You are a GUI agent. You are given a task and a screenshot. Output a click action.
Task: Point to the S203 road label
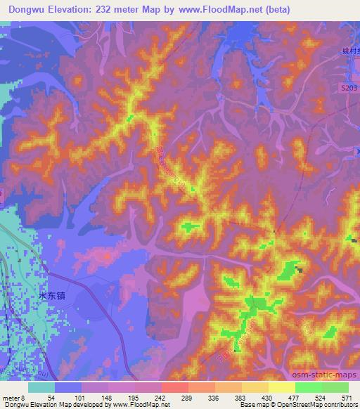(x=340, y=86)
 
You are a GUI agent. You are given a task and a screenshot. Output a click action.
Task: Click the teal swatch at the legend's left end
(x=41, y=387)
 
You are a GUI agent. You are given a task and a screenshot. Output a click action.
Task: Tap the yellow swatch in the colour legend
(x=282, y=387)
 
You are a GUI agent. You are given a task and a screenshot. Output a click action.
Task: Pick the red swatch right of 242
(x=175, y=387)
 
